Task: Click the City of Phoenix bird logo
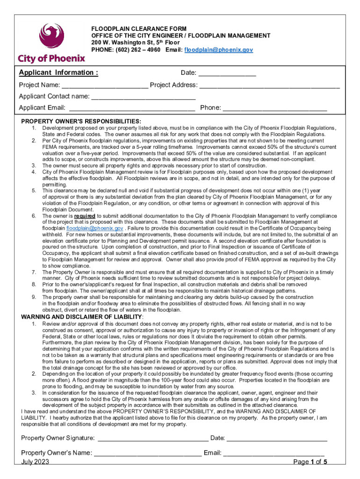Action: [51, 37]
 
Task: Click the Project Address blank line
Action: [269, 86]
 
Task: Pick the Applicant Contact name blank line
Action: [143, 97]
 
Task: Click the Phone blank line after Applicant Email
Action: [275, 108]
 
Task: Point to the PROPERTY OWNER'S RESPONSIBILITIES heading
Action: [81, 121]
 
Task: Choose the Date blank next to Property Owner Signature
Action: [277, 438]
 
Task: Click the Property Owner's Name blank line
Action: [148, 453]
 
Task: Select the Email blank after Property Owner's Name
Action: [274, 453]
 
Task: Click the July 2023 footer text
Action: [35, 462]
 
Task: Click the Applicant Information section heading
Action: [58, 73]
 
